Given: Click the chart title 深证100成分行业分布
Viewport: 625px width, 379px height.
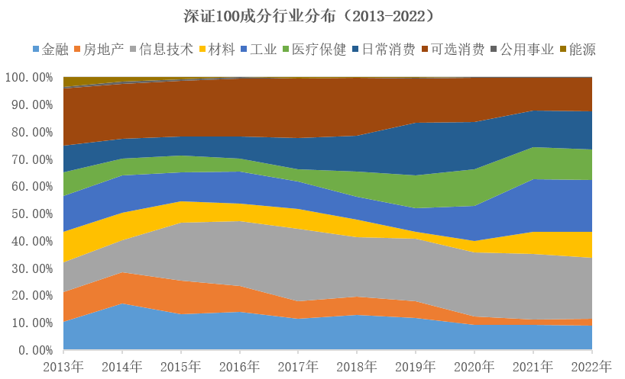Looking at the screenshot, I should (312, 16).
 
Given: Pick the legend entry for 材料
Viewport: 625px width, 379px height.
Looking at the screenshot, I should (219, 50).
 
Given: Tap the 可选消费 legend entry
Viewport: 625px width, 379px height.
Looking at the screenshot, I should (457, 50).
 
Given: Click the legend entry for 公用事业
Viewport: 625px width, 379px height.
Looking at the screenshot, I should (526, 50).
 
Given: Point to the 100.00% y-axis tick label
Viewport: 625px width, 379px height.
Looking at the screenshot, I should (28, 78).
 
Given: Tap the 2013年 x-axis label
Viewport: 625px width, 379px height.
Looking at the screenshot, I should (63, 367).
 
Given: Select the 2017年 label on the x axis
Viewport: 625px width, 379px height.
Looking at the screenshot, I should (299, 367).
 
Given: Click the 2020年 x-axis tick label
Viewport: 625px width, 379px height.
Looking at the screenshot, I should (474, 367).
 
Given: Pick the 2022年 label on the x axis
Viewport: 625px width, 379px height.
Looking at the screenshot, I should (592, 367).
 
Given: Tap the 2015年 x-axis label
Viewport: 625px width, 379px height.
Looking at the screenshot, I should (181, 367).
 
